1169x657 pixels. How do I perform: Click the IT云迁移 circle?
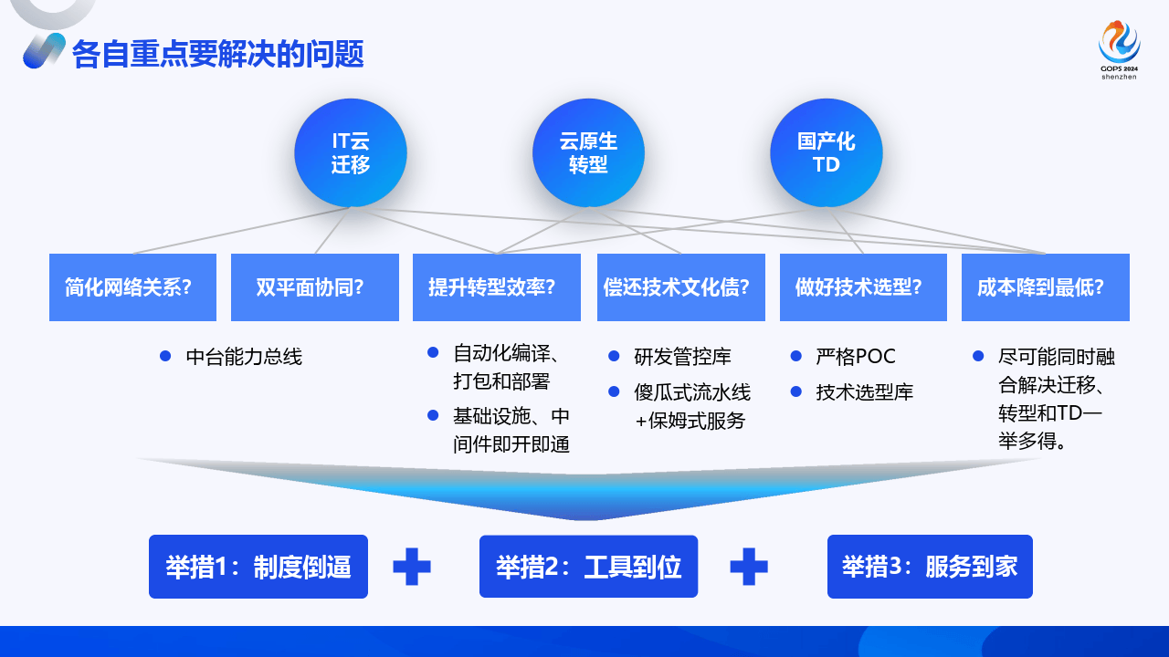(351, 152)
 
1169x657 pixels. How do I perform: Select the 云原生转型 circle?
(588, 152)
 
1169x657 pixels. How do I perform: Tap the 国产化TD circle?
(826, 152)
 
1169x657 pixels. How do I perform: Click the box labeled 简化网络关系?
(132, 287)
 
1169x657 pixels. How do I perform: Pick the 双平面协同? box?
(315, 287)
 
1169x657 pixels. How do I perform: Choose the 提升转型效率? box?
(497, 287)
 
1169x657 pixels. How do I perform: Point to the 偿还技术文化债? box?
(680, 287)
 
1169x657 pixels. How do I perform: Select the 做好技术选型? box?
(863, 287)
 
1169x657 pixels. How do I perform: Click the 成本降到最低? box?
(1045, 287)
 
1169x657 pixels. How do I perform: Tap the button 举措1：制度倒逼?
(258, 567)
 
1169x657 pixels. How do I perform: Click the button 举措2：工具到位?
(588, 567)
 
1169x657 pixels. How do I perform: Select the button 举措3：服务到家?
(930, 567)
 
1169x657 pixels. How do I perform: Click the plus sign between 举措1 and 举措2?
(412, 567)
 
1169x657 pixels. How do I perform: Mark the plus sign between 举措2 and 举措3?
(749, 567)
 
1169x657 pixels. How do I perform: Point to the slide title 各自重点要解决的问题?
(218, 55)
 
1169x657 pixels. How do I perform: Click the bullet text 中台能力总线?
(243, 357)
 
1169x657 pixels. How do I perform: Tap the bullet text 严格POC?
(856, 357)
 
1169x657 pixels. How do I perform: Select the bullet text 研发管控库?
(682, 357)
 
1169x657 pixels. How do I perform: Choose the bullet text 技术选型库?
(864, 392)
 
